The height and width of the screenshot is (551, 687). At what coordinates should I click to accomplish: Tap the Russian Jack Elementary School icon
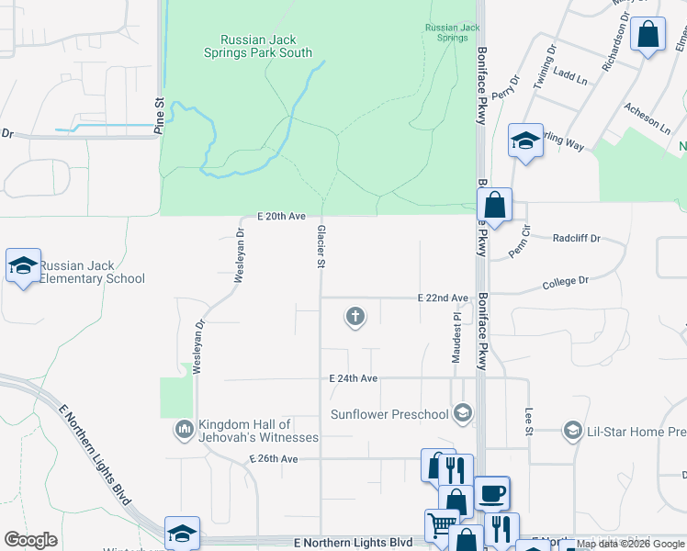23,266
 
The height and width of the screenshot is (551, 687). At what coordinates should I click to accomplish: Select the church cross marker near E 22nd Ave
355,318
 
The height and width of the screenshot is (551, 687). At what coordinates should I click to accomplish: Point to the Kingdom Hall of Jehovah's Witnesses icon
184,428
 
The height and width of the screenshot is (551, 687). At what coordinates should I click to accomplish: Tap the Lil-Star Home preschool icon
572,431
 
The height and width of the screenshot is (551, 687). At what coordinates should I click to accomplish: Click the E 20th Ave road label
281,216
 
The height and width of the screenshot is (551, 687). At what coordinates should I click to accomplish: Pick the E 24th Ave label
354,378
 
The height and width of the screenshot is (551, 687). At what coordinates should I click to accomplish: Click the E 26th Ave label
274,458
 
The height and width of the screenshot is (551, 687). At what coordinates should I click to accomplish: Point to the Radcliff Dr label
576,238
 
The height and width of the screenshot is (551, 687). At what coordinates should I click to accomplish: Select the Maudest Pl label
456,336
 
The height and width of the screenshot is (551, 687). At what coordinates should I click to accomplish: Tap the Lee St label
529,422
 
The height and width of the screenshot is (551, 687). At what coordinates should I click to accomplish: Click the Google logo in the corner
30,540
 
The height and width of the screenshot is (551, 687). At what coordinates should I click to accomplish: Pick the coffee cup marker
491,493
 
